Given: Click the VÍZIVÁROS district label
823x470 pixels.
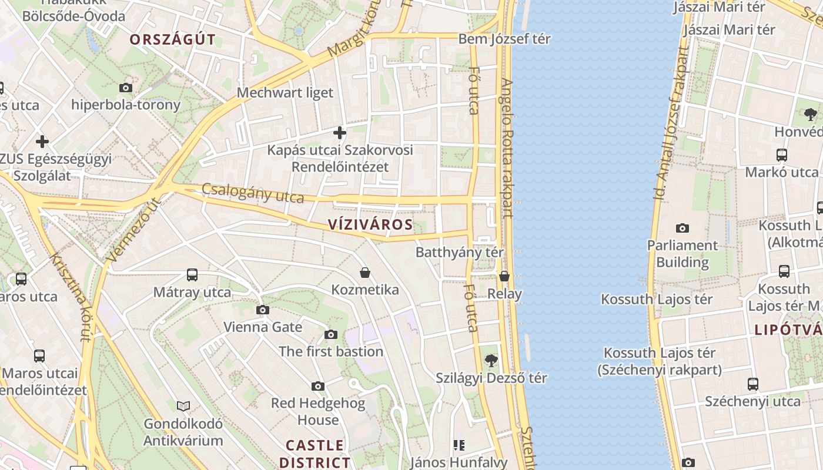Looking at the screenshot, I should (x=370, y=224).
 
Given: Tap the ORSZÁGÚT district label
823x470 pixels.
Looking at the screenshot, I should (x=172, y=39).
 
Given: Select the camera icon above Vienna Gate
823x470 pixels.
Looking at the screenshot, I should (x=263, y=310).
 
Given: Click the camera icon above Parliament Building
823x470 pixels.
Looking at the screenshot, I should (x=683, y=228).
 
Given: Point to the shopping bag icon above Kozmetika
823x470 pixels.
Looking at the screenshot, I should (x=365, y=273).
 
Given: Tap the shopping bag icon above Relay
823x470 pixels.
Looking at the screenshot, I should (x=504, y=276).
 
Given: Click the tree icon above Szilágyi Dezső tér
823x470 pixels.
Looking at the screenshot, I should (x=491, y=361).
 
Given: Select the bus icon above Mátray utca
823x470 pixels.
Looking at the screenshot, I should (x=192, y=274).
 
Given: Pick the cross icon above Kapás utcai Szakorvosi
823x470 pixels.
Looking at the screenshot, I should (x=340, y=132).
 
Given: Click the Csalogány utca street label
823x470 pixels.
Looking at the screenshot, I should (x=253, y=193).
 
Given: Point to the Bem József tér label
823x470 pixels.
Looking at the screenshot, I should (x=504, y=39).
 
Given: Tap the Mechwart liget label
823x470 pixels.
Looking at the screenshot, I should (x=285, y=92).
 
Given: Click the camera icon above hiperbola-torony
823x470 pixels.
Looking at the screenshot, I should (x=126, y=88).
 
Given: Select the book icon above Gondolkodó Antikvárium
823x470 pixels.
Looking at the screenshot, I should (x=183, y=406).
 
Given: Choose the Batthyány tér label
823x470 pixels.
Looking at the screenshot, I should (x=460, y=252).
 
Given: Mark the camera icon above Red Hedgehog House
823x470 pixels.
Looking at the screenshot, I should (x=318, y=386).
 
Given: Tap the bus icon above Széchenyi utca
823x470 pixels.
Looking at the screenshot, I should (x=753, y=384).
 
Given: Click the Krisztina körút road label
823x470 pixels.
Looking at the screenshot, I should (x=70, y=297).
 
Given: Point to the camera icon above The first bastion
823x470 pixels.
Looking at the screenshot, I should (x=331, y=334).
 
